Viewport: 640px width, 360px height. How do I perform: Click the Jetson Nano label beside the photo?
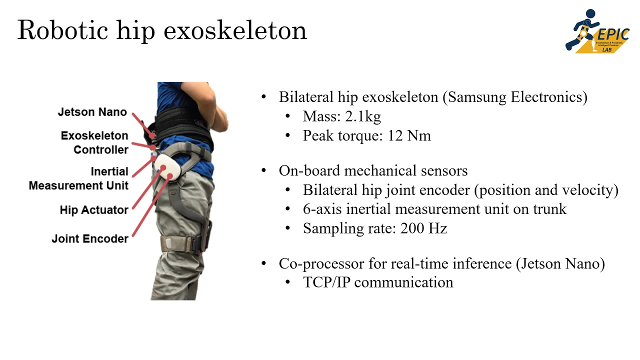tap(92, 112)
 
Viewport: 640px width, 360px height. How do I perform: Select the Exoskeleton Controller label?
tap(94, 142)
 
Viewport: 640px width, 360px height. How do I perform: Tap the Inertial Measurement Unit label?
tap(78, 178)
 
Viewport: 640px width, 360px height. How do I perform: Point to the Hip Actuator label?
tap(94, 210)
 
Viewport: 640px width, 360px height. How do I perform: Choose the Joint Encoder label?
tap(90, 239)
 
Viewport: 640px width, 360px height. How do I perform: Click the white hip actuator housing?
tap(166, 168)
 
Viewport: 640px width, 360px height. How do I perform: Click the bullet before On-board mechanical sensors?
tap(264, 171)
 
